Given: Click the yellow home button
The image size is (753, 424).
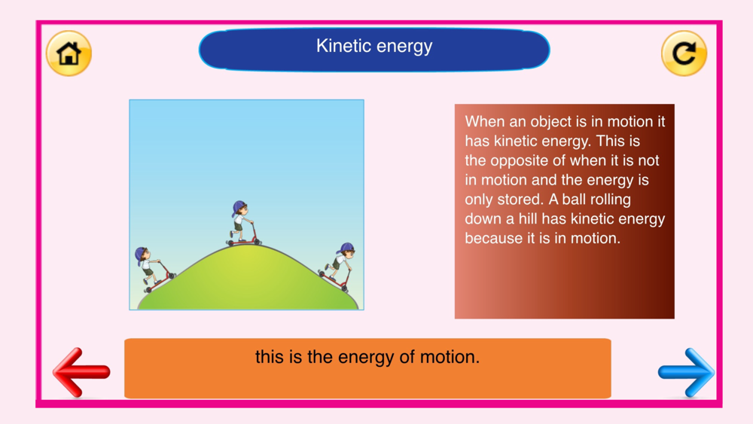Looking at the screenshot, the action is coord(69,53).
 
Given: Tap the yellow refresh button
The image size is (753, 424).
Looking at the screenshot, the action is coord(684,53).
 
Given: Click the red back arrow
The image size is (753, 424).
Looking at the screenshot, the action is coord(81,372).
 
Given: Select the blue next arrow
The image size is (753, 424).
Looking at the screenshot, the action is coord(686,372).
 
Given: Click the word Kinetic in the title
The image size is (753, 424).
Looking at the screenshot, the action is coord(343,46).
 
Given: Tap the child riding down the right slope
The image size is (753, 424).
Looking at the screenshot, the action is coord(338,267).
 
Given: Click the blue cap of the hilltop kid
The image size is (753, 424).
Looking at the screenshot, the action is coord(238,207).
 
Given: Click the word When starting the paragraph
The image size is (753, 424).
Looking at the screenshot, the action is coord(484,121).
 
